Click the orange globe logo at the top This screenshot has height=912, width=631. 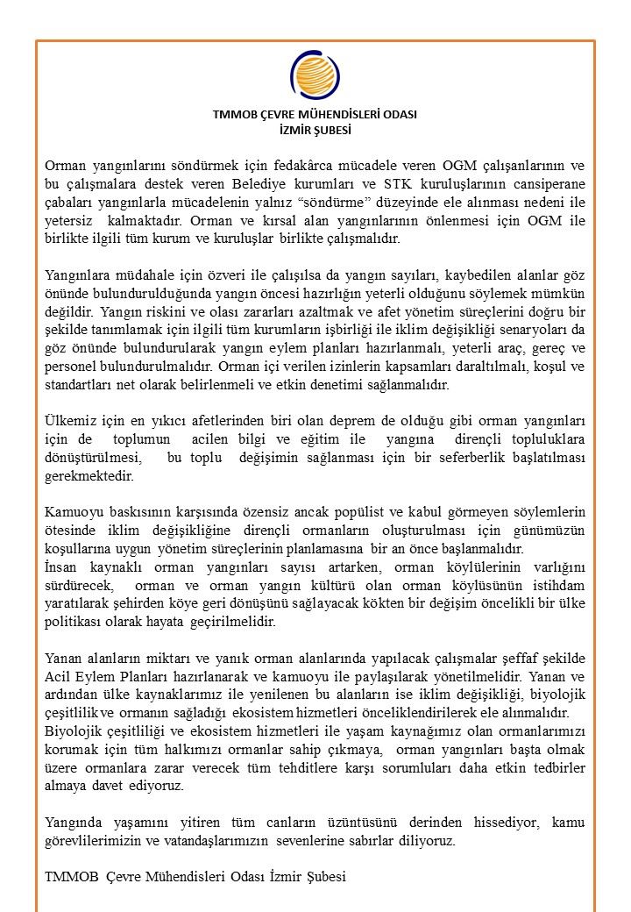point(315,76)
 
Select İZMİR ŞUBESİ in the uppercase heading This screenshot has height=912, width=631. point(315,129)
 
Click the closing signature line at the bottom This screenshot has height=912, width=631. point(195,879)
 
